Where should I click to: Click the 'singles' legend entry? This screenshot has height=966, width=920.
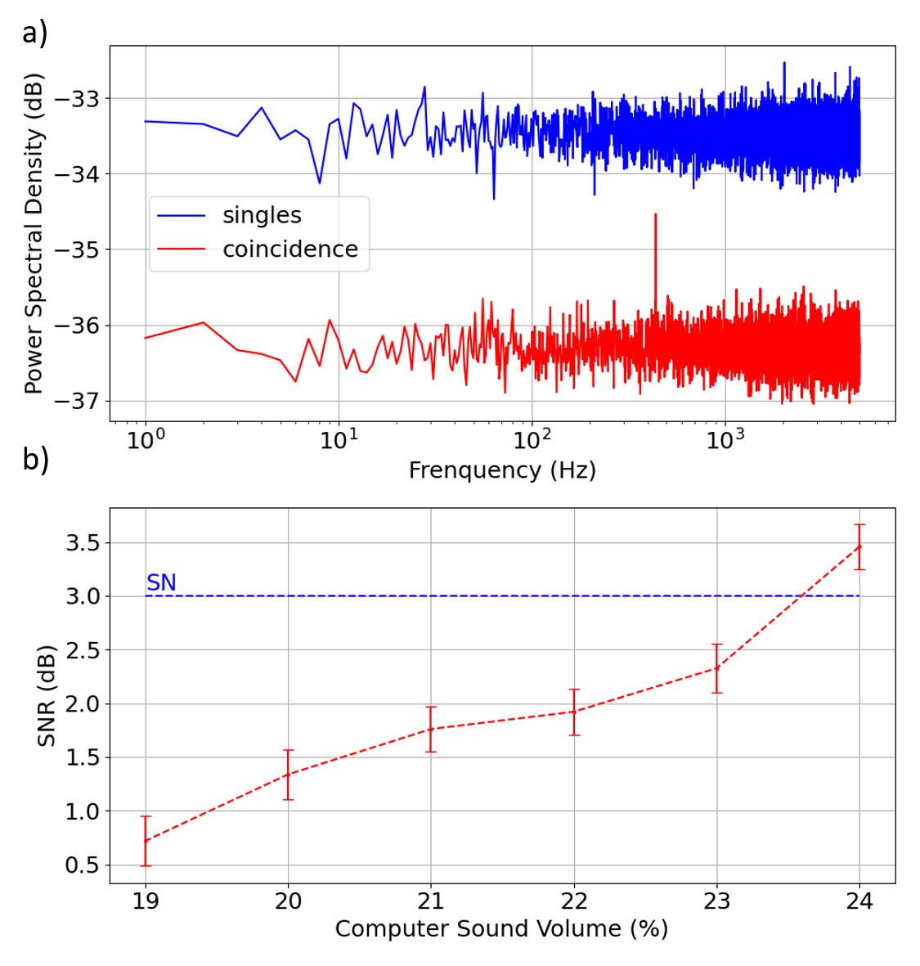click(262, 215)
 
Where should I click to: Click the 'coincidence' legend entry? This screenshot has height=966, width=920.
click(289, 249)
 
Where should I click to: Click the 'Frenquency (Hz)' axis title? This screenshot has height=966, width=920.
click(502, 470)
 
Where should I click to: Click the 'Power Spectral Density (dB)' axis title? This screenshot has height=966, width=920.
click(34, 234)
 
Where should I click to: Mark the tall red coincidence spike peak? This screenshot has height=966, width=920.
click(655, 215)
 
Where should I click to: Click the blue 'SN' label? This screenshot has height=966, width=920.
click(161, 582)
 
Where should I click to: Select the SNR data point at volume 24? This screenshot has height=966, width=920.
click(859, 546)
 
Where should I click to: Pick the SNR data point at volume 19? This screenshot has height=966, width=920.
click(146, 841)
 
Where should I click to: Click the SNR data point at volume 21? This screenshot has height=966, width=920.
click(431, 729)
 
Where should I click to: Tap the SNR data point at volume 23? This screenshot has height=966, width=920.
click(717, 668)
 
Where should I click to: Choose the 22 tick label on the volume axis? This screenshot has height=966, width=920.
click(574, 901)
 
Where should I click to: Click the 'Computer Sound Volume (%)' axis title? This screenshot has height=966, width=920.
click(501, 929)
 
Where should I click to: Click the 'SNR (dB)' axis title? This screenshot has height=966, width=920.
click(47, 695)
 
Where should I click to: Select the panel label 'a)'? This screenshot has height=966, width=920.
click(34, 34)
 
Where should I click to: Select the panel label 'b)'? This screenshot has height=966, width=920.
click(35, 460)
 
